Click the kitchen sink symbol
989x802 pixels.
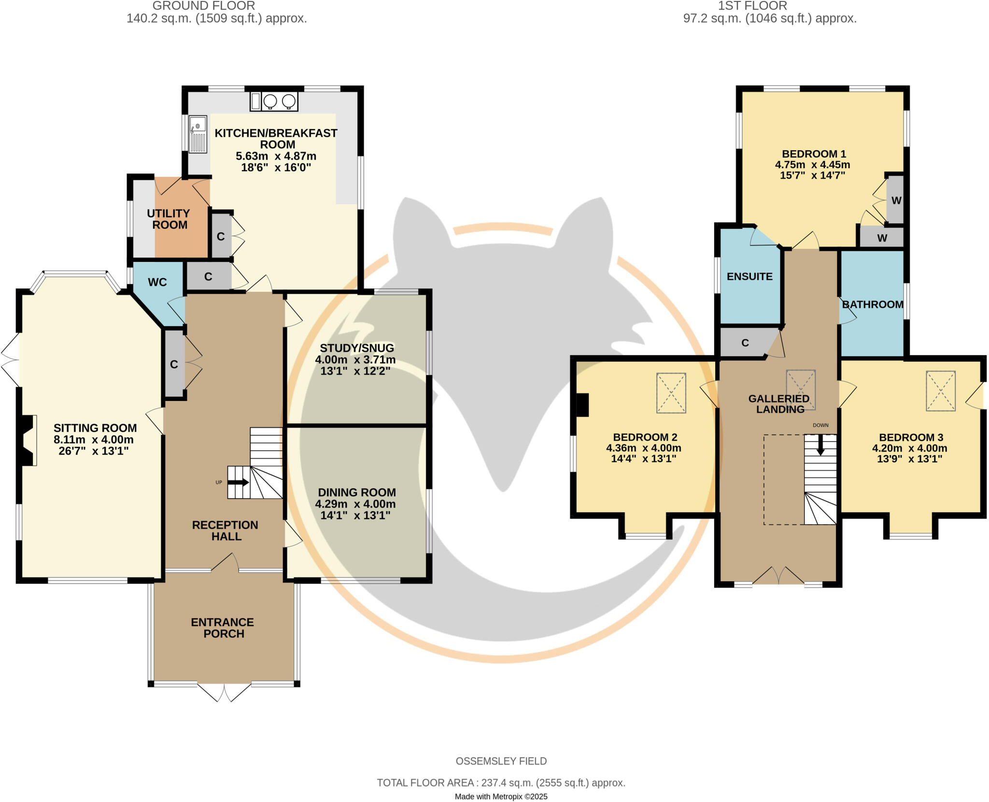click(198, 134)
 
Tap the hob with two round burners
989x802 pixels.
click(279, 101)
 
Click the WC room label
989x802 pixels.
click(157, 282)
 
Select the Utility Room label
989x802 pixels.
click(169, 219)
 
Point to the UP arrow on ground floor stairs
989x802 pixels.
click(238, 482)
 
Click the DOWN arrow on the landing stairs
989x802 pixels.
click(820, 445)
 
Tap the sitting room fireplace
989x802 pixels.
click(28, 440)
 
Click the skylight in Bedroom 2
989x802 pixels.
click(671, 393)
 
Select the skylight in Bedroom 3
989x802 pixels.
click(940, 391)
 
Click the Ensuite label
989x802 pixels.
click(749, 276)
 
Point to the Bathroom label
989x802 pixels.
click(873, 304)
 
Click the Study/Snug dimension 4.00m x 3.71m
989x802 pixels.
click(355, 359)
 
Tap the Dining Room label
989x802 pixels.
click(357, 492)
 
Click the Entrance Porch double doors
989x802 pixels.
click(224, 692)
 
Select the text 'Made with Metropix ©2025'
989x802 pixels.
click(501, 796)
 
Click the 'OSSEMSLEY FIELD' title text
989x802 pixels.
click(501, 761)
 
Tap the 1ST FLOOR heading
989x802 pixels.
click(752, 6)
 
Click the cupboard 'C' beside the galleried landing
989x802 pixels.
click(745, 343)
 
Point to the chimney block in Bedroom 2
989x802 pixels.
click(582, 405)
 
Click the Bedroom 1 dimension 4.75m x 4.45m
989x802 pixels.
click(813, 164)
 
